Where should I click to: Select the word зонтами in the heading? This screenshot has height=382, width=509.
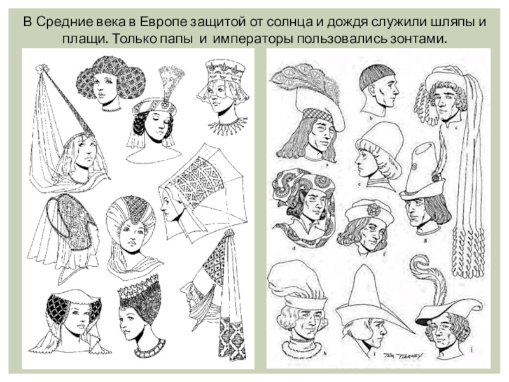[412, 39]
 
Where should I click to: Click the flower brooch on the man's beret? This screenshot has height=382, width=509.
[373, 210]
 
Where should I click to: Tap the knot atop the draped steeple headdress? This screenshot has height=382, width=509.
[230, 233]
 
